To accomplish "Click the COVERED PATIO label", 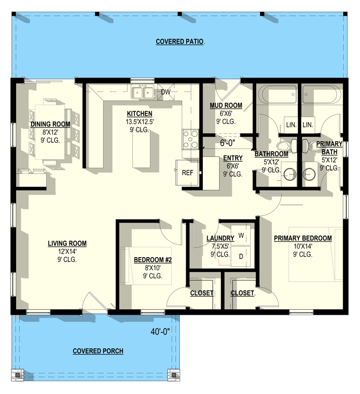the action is [x=179, y=41].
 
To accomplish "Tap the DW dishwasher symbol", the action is [x=165, y=92].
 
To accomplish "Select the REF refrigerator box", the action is [x=187, y=173].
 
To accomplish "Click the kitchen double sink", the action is [x=142, y=92].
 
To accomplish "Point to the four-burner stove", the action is [x=191, y=139].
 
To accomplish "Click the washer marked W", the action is [x=241, y=235].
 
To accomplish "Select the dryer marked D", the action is [x=241, y=256].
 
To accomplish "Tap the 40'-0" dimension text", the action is [x=160, y=332].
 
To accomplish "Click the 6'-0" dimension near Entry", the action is [x=228, y=143].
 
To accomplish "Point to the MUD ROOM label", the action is [x=226, y=105].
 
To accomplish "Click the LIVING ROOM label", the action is [x=67, y=243].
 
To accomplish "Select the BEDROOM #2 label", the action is [x=153, y=260].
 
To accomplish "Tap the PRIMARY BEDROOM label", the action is [x=303, y=238].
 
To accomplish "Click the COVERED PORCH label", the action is [x=98, y=351].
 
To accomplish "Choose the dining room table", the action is [x=50, y=132].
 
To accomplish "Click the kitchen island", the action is [x=142, y=149].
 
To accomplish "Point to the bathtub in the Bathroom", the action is [x=279, y=94].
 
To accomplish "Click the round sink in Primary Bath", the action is [x=309, y=174].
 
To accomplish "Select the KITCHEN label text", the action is [x=139, y=114].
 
